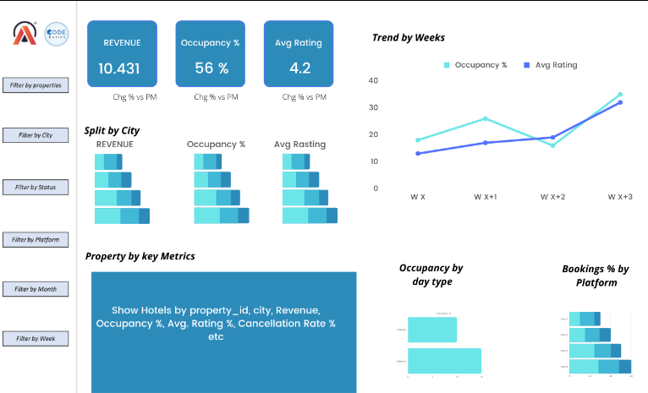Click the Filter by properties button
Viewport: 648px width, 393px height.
35,85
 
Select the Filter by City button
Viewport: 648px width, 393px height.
35,135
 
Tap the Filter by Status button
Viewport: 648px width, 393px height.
35,187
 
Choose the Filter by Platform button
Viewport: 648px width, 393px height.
35,240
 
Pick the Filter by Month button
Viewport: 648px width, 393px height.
35,289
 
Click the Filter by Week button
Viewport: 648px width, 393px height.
35,339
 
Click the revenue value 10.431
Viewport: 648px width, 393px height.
119,68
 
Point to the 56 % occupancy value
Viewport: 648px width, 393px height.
211,68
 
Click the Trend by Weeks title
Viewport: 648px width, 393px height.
409,37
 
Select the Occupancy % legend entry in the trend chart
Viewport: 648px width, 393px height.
475,64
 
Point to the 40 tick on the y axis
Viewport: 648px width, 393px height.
373,80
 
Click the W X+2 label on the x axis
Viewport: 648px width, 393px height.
553,196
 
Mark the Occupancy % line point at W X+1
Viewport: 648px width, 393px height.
486,118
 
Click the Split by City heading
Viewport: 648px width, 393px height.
112,130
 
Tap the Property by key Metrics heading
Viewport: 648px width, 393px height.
140,256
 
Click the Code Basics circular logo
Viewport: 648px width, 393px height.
57,34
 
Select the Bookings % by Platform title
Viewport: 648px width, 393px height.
596,276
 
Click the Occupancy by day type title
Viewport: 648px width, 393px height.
431,275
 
